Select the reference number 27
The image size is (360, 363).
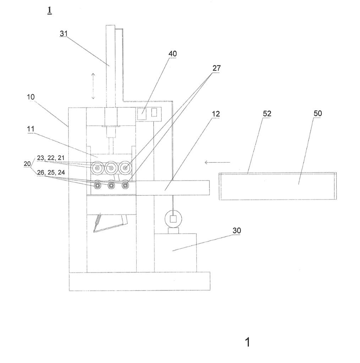tap(217, 68)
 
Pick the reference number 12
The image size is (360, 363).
tap(216, 114)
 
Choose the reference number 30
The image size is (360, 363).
tap(236, 230)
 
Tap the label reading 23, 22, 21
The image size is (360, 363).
tap(50, 158)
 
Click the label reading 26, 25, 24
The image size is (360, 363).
tap(50, 173)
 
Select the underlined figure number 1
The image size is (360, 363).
tap(50, 11)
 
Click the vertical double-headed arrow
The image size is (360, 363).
tap(93, 86)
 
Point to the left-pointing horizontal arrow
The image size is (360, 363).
tap(217, 162)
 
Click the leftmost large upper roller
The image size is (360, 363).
tap(97, 167)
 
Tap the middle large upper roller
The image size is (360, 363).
tap(111, 167)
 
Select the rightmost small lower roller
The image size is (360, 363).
tap(125, 185)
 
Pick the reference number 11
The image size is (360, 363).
tap(31, 129)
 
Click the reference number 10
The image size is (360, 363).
tap(31, 97)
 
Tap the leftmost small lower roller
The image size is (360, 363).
tap(97, 185)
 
